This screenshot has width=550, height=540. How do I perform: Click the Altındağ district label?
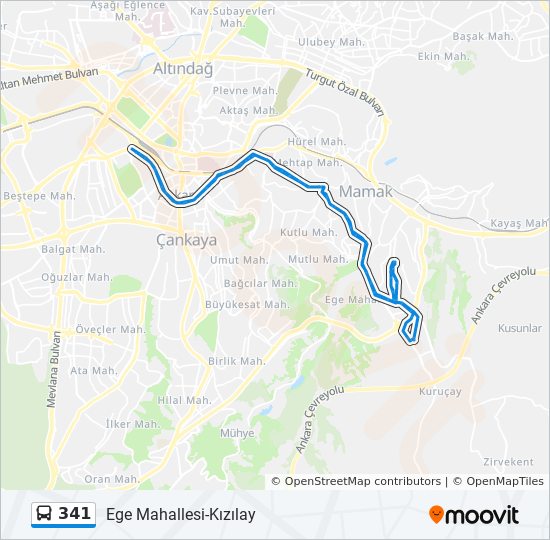[183, 69]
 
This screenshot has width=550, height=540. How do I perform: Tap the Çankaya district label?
[186, 240]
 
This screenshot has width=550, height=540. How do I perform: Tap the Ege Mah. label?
[349, 298]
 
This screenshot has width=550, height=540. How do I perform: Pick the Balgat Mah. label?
[73, 249]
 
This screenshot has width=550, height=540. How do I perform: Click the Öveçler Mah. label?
[112, 329]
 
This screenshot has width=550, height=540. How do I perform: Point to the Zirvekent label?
[507, 462]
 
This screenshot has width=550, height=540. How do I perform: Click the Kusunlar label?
[520, 328]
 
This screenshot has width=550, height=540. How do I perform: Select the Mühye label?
[236, 434]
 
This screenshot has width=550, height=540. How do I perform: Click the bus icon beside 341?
[45, 514]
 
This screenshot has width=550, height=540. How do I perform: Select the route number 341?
[75, 514]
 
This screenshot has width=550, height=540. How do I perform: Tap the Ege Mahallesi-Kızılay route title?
[181, 515]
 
